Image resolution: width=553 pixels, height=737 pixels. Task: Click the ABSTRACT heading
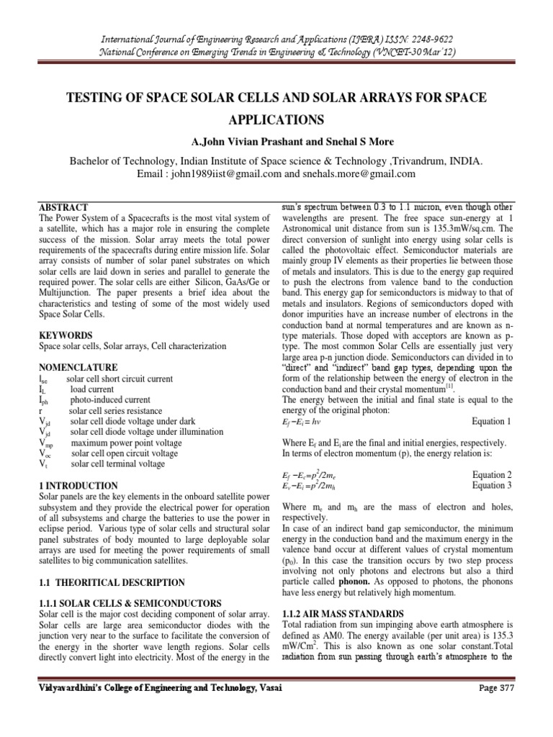click(x=63, y=207)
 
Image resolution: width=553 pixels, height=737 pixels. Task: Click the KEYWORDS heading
click(x=65, y=336)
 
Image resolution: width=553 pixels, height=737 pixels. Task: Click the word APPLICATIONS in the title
click(x=276, y=119)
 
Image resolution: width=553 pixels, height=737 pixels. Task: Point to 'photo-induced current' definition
click(x=111, y=399)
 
